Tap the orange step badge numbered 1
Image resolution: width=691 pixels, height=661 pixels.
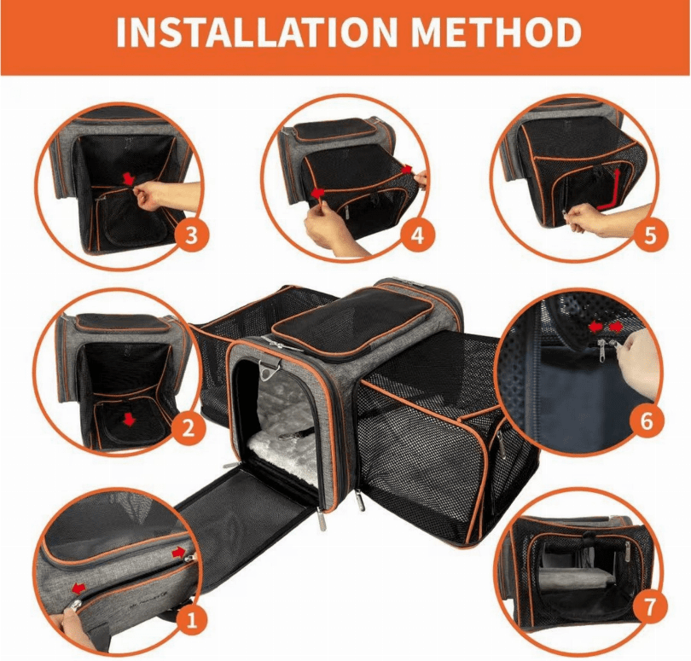click(192, 621)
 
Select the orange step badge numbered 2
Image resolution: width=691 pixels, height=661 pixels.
click(189, 427)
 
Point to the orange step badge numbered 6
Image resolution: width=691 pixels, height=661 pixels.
click(646, 421)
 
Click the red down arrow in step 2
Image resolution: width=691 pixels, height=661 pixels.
click(129, 419)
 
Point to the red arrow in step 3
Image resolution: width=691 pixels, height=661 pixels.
click(129, 178)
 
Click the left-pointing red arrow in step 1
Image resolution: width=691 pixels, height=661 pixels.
click(78, 589)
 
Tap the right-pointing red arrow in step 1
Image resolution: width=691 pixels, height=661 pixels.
click(179, 551)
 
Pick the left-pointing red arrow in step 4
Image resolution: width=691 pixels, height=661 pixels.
click(317, 193)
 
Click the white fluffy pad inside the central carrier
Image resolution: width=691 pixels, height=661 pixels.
click(282, 449)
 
